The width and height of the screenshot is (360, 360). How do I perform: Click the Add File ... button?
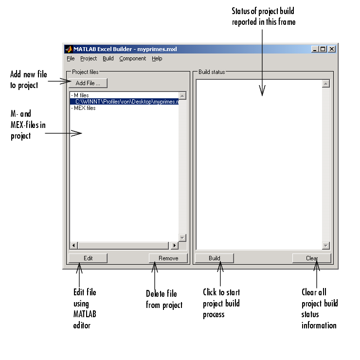[88, 83]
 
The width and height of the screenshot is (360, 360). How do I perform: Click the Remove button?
[168, 258]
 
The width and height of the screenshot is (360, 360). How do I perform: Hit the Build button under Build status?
[215, 258]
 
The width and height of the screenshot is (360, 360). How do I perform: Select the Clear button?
[312, 258]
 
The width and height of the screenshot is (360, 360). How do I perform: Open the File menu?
[71, 58]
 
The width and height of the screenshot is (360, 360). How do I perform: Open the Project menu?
[89, 59]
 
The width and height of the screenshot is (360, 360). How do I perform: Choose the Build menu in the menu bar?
[108, 58]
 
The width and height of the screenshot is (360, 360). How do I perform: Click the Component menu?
[133, 59]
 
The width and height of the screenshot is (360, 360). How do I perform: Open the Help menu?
[157, 59]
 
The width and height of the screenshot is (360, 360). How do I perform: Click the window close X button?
[332, 49]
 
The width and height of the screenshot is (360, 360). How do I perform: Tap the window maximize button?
[323, 49]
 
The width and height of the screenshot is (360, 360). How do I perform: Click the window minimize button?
[315, 49]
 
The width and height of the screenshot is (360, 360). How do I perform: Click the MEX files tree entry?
[83, 108]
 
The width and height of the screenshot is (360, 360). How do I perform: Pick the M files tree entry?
[80, 95]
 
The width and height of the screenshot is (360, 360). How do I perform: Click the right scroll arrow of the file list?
[175, 246]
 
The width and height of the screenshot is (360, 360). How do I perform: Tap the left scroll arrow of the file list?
[73, 246]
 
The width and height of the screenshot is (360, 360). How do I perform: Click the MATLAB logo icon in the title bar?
[69, 49]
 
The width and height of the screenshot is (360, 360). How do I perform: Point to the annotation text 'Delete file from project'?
[164, 299]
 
